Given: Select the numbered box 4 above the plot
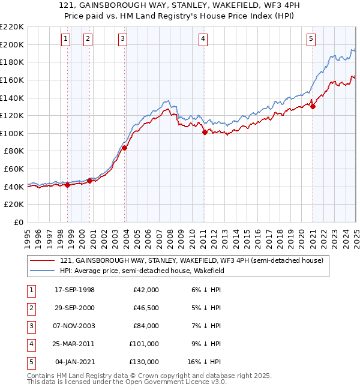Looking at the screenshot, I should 203,40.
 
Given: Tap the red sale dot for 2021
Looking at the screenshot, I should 313,107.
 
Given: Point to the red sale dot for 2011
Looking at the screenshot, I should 205,133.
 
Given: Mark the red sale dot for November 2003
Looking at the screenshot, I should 125,148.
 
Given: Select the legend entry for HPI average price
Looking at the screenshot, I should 142,271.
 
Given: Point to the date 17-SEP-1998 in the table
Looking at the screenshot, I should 74,290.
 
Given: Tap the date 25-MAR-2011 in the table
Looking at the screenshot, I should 74,344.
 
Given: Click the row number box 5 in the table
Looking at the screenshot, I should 29,362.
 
